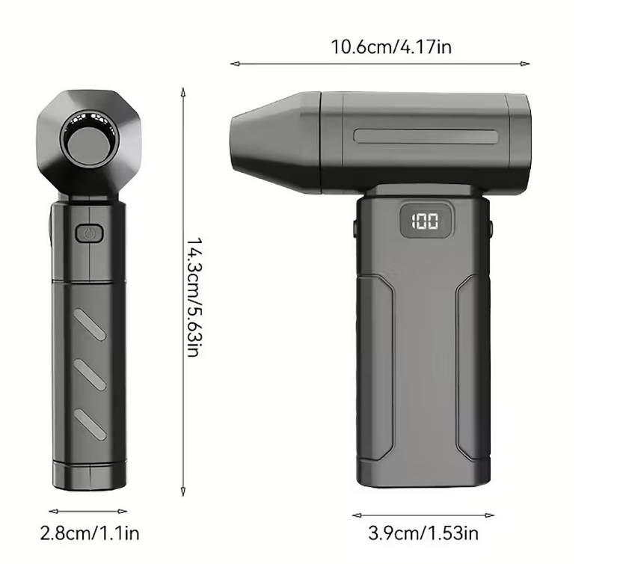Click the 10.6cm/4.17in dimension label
[390, 46]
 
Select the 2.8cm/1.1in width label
[90, 533]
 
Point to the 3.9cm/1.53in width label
[423, 533]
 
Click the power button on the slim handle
[89, 233]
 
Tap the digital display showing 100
[426, 221]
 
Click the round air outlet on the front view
[90, 142]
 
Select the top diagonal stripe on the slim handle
[90, 325]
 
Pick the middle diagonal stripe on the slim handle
[90, 375]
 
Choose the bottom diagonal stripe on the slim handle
[90, 424]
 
